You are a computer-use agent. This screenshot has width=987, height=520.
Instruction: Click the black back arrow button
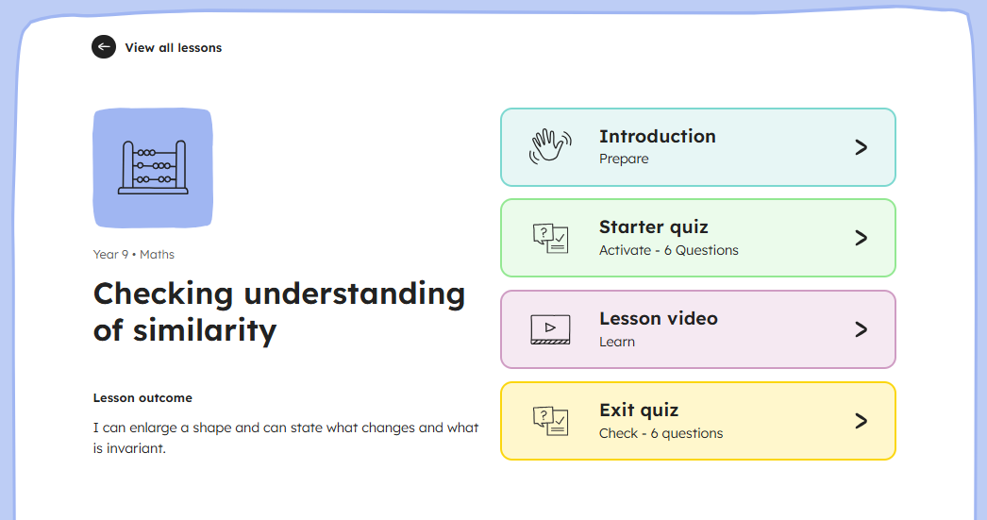[x=104, y=46]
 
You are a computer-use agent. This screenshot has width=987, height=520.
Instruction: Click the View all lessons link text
[x=173, y=48]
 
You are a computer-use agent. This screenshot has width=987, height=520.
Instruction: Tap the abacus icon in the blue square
[x=153, y=167]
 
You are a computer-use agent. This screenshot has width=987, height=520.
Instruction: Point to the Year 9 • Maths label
[x=133, y=254]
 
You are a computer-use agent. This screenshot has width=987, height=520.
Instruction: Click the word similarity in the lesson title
[x=205, y=331]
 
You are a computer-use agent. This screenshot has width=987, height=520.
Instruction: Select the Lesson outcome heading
[x=142, y=398]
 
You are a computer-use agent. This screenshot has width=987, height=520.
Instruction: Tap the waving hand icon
[x=550, y=146]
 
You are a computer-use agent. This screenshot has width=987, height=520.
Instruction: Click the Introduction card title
[x=657, y=136]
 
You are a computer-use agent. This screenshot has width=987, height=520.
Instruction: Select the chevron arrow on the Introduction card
[x=862, y=147]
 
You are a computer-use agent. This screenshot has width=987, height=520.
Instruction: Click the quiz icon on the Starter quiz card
[x=550, y=238]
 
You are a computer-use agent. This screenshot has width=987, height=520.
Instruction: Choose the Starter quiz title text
[x=653, y=227]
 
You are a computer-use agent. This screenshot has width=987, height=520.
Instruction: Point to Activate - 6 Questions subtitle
[x=668, y=250]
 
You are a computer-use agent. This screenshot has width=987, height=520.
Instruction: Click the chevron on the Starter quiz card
[x=862, y=238]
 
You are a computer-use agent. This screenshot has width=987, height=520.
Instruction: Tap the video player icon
[x=550, y=329]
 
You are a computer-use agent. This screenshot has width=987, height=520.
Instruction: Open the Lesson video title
[x=659, y=319]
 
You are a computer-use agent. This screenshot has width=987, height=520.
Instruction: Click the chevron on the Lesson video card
[x=862, y=329]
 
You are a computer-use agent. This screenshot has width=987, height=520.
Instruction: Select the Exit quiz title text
[x=639, y=411]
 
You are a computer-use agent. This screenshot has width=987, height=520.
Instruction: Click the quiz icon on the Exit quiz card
[x=550, y=421]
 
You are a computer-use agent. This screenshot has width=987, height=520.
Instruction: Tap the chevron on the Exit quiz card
[x=862, y=421]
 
